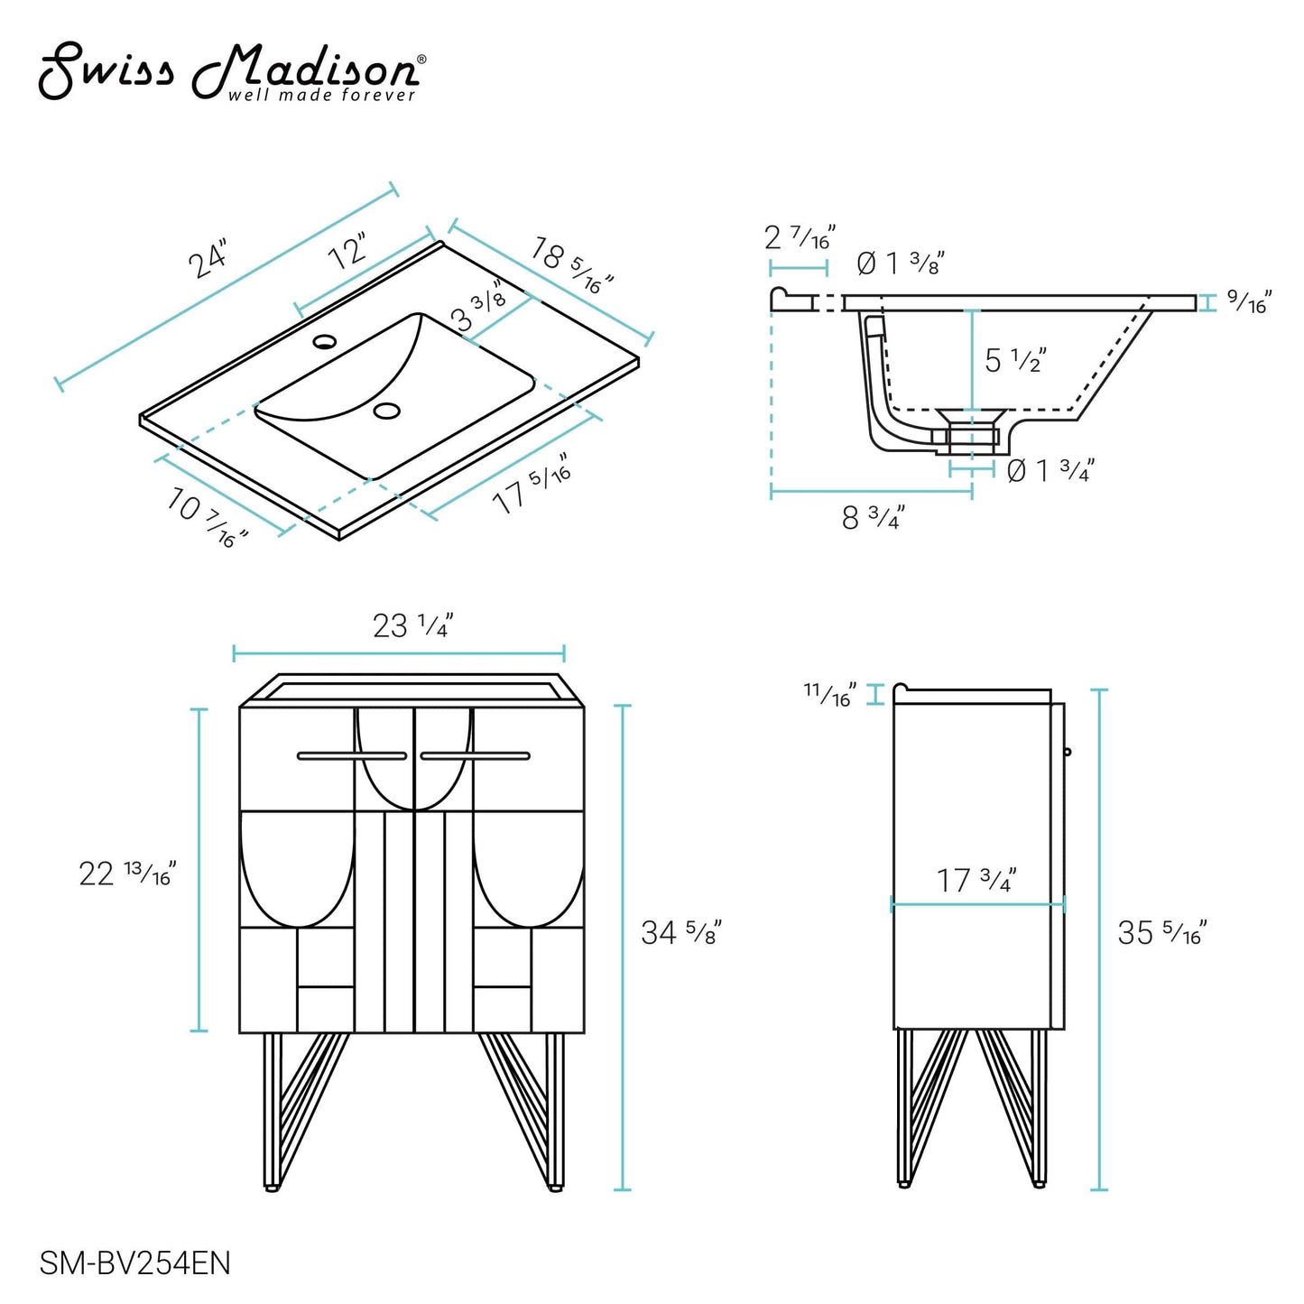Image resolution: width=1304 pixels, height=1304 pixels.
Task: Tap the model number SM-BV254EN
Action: click(x=134, y=1262)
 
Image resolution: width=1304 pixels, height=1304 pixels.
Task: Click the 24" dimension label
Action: click(x=208, y=260)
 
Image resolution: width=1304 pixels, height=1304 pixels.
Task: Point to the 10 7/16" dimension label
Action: click(x=207, y=517)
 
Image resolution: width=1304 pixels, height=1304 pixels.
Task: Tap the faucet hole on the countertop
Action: click(x=324, y=342)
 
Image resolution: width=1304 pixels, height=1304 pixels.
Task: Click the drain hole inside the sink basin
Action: click(x=386, y=411)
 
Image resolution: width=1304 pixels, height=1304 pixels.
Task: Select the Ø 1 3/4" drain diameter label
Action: click(x=1050, y=470)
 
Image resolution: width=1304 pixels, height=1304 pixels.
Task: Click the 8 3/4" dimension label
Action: click(x=873, y=518)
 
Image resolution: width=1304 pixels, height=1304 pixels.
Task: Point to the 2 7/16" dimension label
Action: click(x=800, y=238)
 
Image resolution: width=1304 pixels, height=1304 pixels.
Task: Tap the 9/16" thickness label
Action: click(x=1250, y=302)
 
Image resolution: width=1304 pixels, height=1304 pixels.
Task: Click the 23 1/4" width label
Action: click(x=412, y=625)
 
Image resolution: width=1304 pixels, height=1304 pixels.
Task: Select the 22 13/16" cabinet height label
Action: click(x=127, y=874)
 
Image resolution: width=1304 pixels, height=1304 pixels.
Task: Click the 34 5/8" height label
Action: click(x=681, y=932)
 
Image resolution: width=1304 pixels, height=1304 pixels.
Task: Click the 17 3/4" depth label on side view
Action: click(x=976, y=880)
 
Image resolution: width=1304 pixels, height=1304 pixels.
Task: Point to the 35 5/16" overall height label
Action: click(x=1161, y=932)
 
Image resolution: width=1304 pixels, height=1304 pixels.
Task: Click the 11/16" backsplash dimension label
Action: click(x=829, y=695)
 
